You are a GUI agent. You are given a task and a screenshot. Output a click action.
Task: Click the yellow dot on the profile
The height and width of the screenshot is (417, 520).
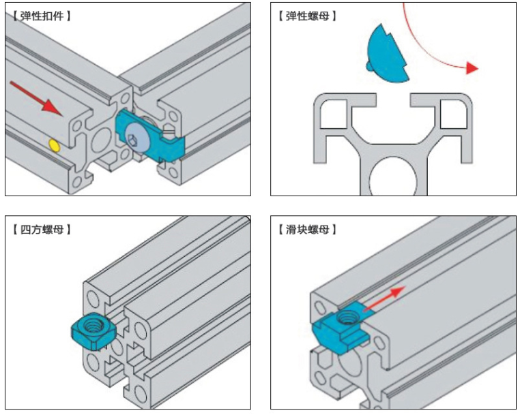(54, 144)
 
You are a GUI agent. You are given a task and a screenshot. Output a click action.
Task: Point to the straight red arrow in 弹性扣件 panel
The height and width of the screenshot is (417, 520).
(34, 96)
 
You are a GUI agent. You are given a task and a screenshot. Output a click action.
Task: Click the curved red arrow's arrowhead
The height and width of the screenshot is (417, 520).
(470, 68)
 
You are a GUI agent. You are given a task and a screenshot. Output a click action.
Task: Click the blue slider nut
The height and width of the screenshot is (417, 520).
(340, 328)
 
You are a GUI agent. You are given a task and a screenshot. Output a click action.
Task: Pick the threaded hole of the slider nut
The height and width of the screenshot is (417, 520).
(350, 314)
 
